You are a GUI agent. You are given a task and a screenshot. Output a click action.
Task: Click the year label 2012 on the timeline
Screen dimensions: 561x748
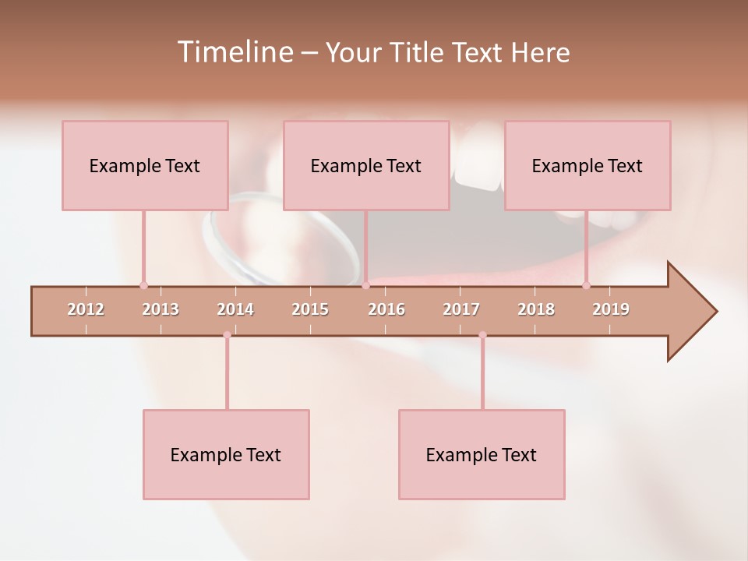click(x=86, y=309)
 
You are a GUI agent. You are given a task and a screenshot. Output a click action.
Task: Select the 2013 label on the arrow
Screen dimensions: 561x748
click(x=161, y=309)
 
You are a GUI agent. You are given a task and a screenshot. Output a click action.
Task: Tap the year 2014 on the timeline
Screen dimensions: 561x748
click(x=235, y=309)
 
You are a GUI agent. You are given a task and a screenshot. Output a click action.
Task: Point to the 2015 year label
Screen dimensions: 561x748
click(x=310, y=309)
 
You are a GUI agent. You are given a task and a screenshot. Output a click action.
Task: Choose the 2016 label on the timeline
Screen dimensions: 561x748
click(x=386, y=309)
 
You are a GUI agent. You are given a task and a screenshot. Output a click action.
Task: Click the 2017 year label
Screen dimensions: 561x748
click(x=461, y=309)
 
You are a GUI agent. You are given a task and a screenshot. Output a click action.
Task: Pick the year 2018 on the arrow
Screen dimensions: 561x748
click(x=536, y=309)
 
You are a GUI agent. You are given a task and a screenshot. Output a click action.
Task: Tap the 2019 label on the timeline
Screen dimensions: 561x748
click(x=611, y=309)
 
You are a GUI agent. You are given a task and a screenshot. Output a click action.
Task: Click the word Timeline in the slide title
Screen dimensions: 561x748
click(x=234, y=52)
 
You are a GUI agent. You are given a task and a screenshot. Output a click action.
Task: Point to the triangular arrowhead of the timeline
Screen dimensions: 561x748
click(x=690, y=312)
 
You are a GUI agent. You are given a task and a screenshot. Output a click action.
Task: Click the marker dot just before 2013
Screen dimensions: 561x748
click(x=143, y=285)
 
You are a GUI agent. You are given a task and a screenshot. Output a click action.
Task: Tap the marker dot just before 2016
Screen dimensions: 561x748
click(x=365, y=285)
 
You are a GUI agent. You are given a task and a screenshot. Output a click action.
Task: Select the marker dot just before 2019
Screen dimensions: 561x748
click(x=586, y=285)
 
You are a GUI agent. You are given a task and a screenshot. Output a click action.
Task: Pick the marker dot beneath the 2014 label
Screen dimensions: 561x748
click(x=227, y=335)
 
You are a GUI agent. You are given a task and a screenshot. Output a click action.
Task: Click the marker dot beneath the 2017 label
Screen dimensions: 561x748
click(x=482, y=335)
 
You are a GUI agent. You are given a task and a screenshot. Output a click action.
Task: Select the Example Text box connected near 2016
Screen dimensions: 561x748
click(x=366, y=165)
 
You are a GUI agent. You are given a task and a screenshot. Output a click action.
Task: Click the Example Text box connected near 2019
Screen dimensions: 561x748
click(x=587, y=165)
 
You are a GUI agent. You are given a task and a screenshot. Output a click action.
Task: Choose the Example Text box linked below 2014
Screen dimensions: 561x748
click(x=226, y=454)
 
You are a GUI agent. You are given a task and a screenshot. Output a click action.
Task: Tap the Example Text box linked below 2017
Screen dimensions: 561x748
click(x=482, y=454)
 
